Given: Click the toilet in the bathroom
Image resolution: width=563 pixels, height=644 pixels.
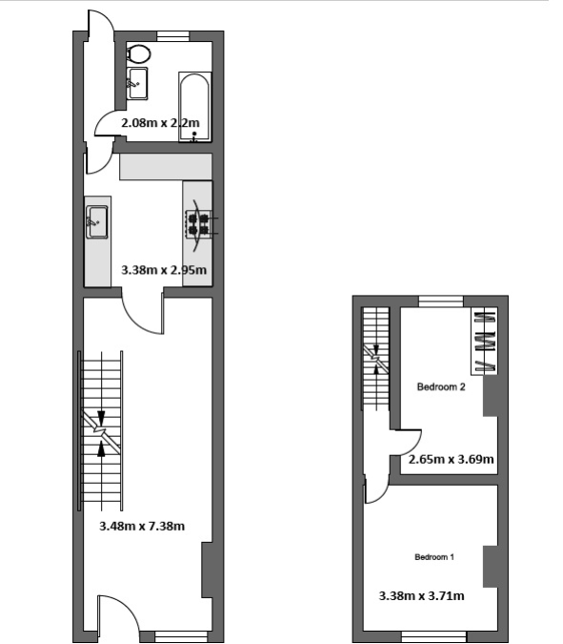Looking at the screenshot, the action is tap(138, 54).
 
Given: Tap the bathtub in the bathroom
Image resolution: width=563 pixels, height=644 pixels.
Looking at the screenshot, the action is tap(194, 108).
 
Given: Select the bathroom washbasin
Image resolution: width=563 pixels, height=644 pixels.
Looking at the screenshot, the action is tap(137, 84).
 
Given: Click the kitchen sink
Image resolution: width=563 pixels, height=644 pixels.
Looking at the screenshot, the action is tap(97, 221).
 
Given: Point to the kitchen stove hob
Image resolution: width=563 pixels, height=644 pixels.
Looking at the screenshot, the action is tap(198, 224).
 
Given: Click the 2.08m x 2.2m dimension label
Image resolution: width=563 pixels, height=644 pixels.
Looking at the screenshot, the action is tap(160, 123).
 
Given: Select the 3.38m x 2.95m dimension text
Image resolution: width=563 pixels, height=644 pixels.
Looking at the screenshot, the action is tap(164, 270).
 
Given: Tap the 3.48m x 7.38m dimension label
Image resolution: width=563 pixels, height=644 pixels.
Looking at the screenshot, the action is tap(142, 526).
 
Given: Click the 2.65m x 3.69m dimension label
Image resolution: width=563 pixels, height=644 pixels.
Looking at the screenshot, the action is tap(451, 459).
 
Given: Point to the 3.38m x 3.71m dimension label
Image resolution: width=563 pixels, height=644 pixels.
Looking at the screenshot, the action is tap(421, 595).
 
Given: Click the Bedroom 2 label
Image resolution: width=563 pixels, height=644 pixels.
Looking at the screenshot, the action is tap(441, 387).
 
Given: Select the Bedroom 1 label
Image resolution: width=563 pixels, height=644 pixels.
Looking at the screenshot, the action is tap(434, 557).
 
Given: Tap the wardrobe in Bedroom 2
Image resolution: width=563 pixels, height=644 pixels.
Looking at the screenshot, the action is tap(484, 341).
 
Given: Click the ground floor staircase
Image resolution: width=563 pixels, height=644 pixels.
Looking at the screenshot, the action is tap(101, 430).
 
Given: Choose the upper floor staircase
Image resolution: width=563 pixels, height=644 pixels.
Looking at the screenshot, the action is tap(375, 358).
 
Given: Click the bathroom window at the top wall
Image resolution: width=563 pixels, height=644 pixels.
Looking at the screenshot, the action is tap(173, 36).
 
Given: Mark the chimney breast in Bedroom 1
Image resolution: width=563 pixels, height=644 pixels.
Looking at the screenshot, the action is tap(491, 567).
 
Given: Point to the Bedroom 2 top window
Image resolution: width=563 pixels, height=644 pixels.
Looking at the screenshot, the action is tap(441, 301).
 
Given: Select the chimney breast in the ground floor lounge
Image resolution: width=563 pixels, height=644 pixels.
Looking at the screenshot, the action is tap(207, 571).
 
